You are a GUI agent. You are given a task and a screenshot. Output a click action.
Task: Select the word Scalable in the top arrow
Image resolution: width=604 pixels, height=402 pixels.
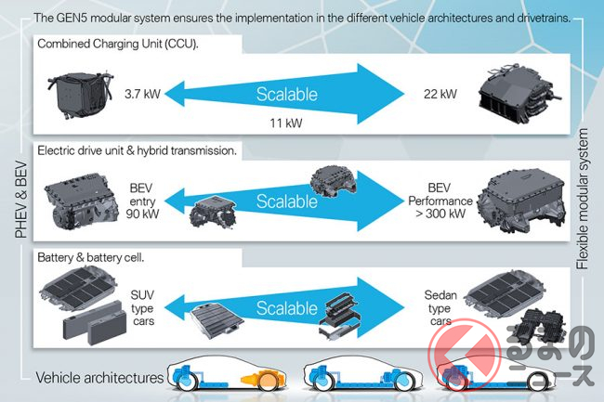(x=287, y=94)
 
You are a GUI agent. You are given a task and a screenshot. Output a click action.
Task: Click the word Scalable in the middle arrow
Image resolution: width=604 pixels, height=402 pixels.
(x=286, y=201)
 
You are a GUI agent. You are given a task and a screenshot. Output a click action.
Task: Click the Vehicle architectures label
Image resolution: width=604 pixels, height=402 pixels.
(x=98, y=377)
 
